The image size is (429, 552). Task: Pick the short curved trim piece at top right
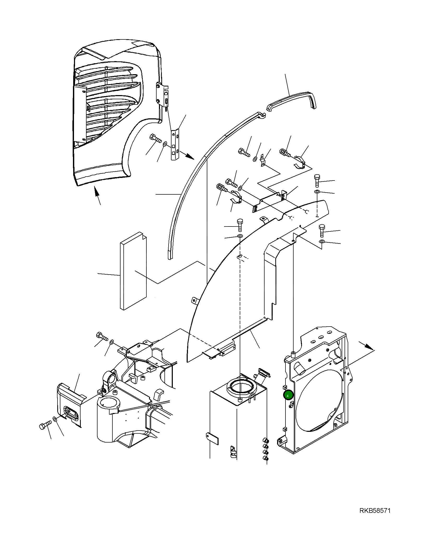[291, 101]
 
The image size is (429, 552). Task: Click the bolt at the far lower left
[44, 425]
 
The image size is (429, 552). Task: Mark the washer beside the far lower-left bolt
[55, 419]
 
